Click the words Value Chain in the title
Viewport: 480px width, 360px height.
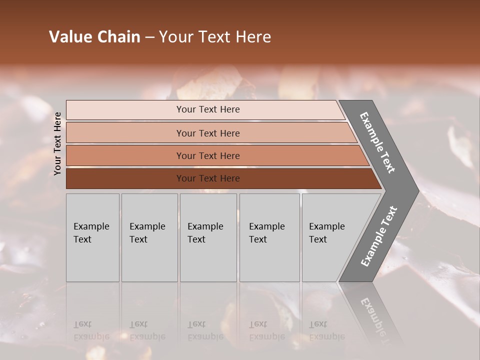94,37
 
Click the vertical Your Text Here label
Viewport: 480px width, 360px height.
58,143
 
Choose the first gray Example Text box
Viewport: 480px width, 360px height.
92,260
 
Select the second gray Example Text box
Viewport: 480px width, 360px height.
149,260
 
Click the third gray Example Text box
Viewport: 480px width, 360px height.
208,260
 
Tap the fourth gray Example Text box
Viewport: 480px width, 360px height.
270,260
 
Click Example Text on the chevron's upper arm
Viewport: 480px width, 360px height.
377,142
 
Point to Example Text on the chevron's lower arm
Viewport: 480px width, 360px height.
378,236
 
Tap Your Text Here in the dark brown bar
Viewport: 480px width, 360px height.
208,178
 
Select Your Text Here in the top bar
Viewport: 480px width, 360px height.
208,109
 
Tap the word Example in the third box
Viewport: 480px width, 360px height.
205,226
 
